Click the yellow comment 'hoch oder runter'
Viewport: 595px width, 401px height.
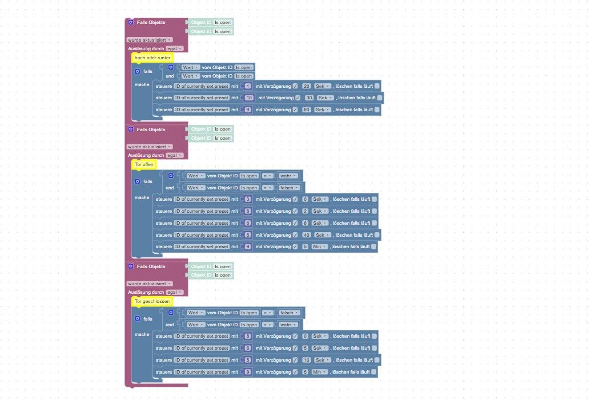click(152, 58)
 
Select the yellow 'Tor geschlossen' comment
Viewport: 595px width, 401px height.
click(152, 301)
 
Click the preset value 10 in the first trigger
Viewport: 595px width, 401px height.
click(250, 98)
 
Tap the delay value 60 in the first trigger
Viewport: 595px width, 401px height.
click(307, 110)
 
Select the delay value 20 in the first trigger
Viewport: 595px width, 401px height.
click(307, 86)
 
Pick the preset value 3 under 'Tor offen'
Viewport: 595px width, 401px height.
click(248, 199)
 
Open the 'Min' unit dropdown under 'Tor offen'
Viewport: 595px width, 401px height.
click(319, 247)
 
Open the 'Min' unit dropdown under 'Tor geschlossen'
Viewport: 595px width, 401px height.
click(319, 372)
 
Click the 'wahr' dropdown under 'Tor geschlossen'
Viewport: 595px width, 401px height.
click(286, 325)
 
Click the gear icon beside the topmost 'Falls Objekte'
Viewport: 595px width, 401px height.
click(131, 22)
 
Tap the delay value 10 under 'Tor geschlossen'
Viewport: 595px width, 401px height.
click(307, 360)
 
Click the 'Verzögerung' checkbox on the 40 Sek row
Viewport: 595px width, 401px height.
click(295, 235)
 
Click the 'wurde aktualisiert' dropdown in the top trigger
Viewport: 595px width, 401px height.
click(149, 40)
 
